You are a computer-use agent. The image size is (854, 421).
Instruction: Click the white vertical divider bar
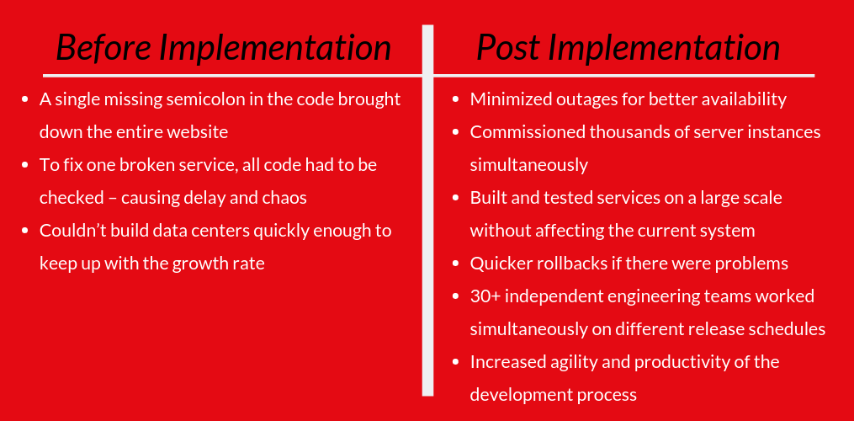click(428, 210)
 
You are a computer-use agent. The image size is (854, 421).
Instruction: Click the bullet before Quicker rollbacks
click(455, 264)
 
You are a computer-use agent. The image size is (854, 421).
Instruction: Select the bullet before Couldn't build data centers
click(25, 232)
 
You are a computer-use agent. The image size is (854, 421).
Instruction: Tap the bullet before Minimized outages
click(455, 100)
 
